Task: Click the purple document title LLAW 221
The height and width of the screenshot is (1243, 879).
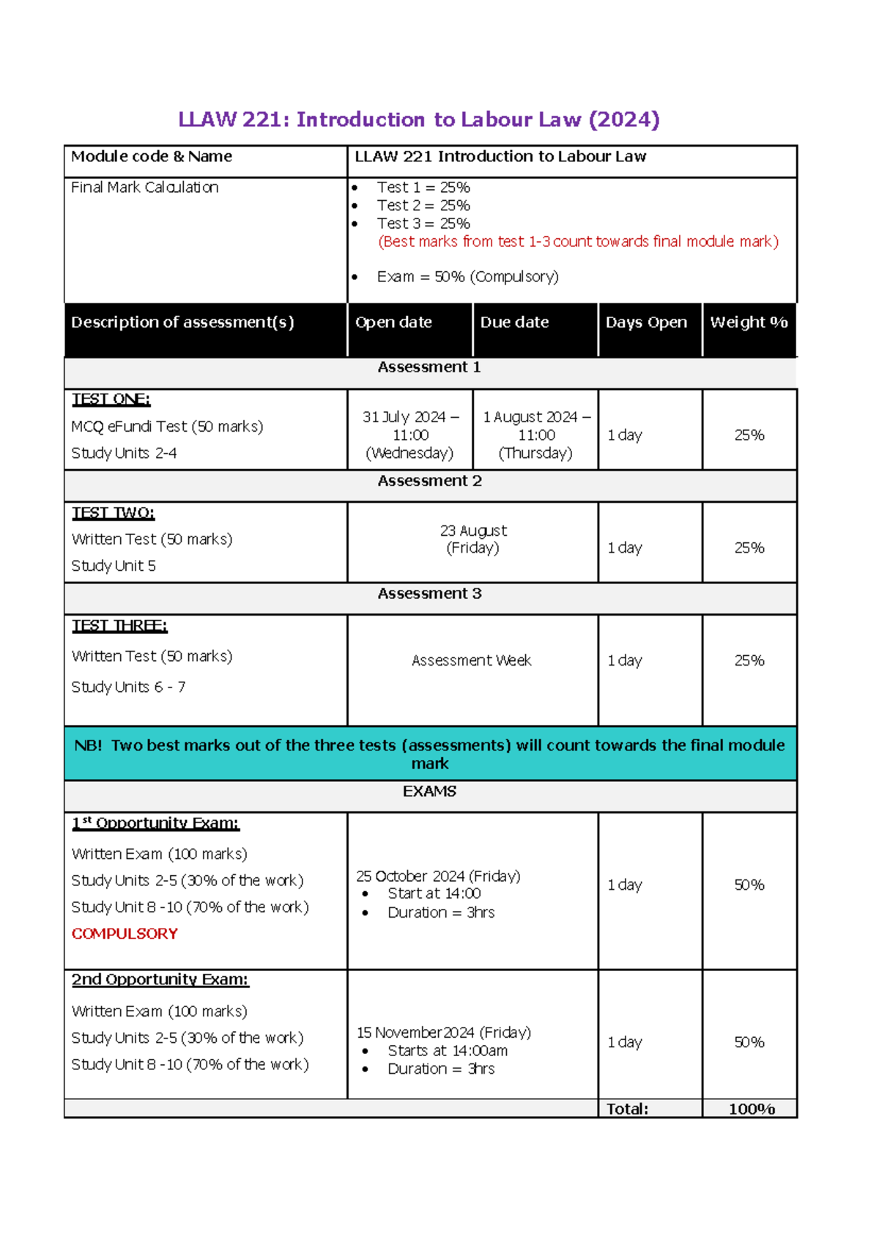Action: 419,119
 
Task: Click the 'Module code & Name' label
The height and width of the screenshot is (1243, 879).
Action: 151,156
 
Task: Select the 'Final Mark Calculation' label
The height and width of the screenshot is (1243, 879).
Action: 144,188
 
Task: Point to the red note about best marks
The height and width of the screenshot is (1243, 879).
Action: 577,242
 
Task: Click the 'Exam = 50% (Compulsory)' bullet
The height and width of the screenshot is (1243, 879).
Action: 467,277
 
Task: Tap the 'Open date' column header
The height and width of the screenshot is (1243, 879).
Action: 393,322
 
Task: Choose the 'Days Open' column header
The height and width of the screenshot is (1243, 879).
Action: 646,322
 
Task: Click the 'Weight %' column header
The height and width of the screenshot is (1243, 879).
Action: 749,322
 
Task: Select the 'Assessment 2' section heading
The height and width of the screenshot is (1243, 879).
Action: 429,481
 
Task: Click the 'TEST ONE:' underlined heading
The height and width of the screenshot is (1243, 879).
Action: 111,399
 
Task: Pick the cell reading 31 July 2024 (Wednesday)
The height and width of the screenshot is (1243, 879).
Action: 410,435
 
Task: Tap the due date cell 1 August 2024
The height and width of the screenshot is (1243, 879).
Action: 536,435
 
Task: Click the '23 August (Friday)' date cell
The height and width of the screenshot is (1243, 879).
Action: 473,539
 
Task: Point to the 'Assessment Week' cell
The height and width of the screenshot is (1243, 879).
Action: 471,660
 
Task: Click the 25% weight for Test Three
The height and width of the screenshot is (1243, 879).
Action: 749,660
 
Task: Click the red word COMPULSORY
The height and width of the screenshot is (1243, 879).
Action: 125,934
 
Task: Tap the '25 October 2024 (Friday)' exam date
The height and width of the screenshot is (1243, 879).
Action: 438,877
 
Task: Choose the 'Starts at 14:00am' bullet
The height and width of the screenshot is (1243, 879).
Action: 448,1051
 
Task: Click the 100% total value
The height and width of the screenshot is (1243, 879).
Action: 752,1109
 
